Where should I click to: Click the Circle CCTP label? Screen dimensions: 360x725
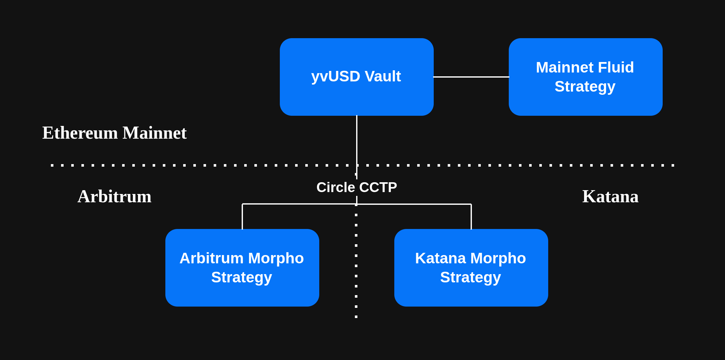tap(356, 187)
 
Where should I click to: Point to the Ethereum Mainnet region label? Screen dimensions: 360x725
tap(114, 133)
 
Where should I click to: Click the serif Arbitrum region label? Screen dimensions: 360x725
tap(114, 197)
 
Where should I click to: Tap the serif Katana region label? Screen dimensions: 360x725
tap(610, 197)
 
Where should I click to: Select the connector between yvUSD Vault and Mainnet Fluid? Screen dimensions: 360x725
tap(471, 77)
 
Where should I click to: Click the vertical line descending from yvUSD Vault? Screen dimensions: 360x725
tap(357, 140)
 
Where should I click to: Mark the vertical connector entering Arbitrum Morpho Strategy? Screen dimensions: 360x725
tap(242, 217)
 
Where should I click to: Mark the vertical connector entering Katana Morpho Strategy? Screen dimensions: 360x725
tap(471, 217)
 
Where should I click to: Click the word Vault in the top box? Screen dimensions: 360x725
tap(383, 76)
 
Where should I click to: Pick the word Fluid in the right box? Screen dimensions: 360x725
tap(616, 67)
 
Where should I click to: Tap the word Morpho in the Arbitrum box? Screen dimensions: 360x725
tap(276, 258)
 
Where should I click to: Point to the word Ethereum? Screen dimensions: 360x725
tap(80, 133)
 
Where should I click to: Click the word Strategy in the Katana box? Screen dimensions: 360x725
tap(470, 277)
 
